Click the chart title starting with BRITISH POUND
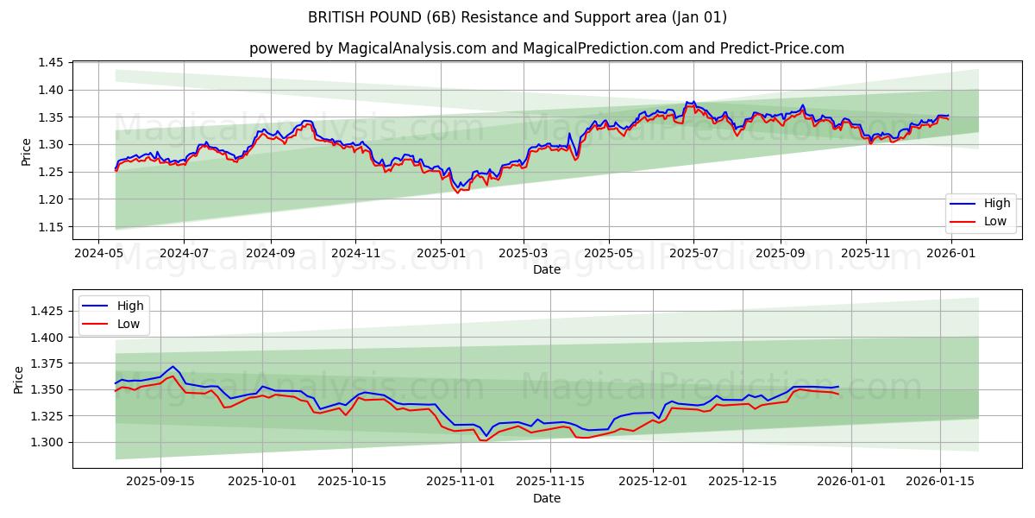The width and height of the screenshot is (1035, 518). coord(517,17)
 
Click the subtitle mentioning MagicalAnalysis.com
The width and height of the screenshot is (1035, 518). coord(547,48)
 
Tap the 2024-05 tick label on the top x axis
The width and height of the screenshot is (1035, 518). coord(99,254)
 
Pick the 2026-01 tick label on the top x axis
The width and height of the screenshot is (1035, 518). coord(951,254)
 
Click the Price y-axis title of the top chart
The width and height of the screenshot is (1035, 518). coord(26,151)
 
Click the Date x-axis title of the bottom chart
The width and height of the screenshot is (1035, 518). coord(547,498)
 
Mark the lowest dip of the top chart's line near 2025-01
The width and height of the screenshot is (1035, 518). coord(458,192)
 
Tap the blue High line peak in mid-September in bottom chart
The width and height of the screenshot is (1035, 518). coord(172,366)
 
